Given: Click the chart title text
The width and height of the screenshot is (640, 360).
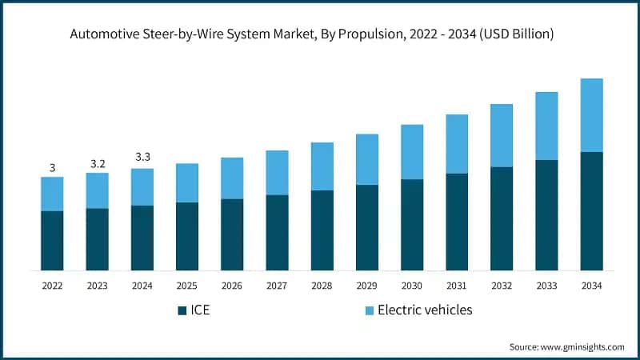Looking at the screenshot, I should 320,34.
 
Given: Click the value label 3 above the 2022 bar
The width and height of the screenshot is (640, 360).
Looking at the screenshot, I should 52,168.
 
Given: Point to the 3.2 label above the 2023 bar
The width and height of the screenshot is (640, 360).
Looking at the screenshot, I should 98,164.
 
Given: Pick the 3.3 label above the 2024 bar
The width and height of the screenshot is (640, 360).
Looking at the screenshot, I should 142,157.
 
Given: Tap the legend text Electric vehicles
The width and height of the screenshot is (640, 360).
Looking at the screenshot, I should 425,310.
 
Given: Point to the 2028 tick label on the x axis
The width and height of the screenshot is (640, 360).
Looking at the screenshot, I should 322,285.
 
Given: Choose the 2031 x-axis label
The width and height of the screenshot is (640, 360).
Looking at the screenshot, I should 457,285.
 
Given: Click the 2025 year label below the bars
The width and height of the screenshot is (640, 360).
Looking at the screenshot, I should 187,285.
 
